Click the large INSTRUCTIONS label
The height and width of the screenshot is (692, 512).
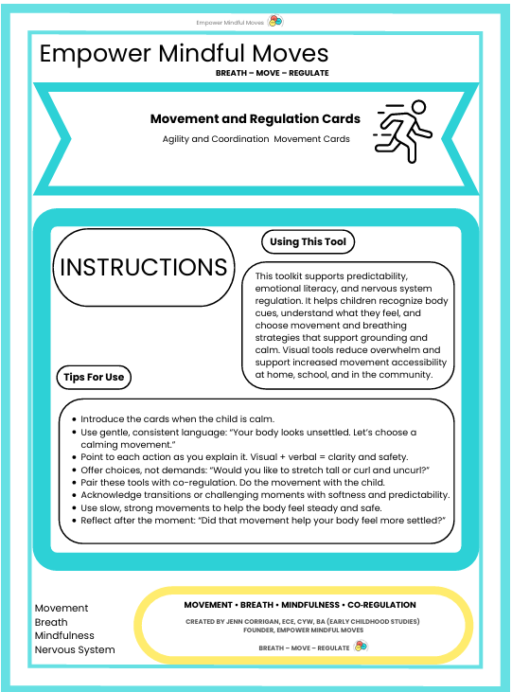(x=144, y=267)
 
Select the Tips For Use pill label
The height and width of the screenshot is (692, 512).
(x=94, y=377)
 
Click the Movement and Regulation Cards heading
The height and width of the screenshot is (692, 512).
(x=255, y=119)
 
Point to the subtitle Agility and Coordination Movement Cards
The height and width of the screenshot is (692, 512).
(x=256, y=139)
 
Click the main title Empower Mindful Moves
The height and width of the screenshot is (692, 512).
(x=184, y=53)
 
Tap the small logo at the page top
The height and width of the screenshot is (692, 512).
(x=275, y=21)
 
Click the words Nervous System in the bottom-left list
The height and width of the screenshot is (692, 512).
(x=75, y=649)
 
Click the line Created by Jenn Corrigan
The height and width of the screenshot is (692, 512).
(x=304, y=622)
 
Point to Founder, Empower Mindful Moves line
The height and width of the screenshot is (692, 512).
(x=304, y=631)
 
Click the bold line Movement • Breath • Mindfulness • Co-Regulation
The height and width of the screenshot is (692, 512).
(x=299, y=604)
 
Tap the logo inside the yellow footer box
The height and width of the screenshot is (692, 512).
(x=361, y=647)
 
